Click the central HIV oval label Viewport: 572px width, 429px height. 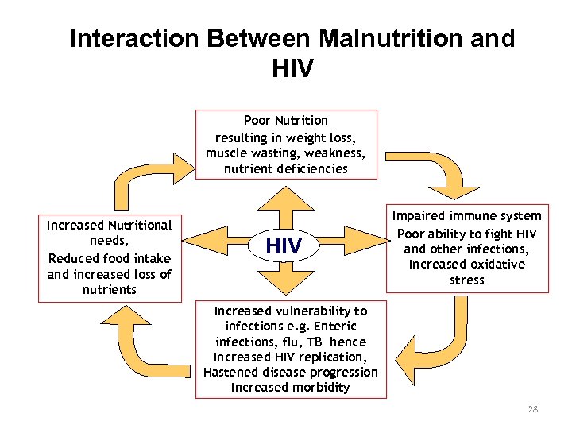284,246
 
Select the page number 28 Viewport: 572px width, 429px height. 532,409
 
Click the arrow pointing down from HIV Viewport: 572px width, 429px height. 284,284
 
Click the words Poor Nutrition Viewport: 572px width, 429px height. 285,121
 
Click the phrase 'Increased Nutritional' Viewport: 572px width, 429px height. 109,226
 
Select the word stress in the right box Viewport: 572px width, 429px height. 467,280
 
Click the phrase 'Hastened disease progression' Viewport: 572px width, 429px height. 291,373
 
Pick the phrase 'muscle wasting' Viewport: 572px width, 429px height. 245,153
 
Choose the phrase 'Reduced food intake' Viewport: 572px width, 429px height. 110,258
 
